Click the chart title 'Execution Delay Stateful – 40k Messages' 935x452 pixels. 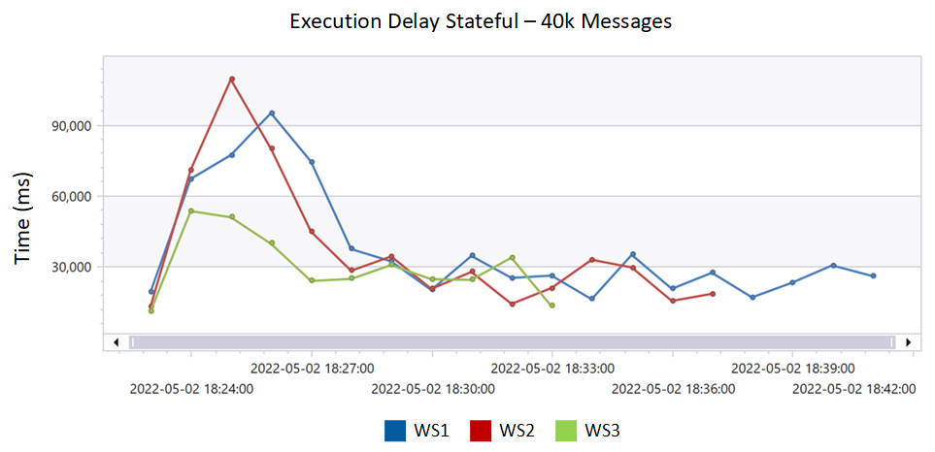point(481,21)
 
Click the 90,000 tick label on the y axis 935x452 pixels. point(69,126)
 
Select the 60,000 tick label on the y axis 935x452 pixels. point(69,197)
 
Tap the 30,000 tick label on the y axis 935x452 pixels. point(69,267)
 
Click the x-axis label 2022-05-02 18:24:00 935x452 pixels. point(191,389)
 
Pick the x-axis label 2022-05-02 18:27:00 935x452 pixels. point(312,369)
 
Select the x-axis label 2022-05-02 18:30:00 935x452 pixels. point(432,389)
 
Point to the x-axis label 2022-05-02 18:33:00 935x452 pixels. point(552,369)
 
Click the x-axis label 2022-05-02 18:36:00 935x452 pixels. point(673,389)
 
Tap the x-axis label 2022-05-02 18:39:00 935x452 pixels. point(793,369)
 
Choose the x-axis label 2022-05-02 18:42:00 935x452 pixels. point(853,389)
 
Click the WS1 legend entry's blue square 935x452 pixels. point(395,430)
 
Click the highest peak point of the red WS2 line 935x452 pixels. point(232,79)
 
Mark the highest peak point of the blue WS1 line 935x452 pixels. point(272,113)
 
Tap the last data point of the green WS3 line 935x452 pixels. point(552,306)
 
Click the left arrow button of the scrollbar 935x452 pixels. point(116,341)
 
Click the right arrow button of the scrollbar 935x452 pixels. point(908,341)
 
